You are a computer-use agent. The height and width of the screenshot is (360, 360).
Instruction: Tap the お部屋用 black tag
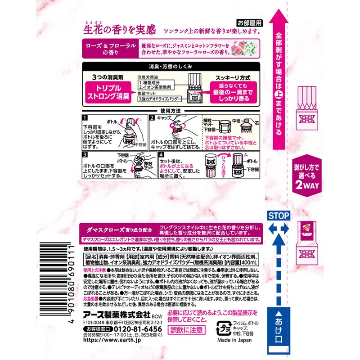tap(248, 22)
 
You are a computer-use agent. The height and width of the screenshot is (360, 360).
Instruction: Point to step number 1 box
tap(85, 118)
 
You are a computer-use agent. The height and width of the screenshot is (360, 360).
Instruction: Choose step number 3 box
tap(85, 154)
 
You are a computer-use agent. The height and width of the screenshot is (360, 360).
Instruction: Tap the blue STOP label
tap(279, 216)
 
